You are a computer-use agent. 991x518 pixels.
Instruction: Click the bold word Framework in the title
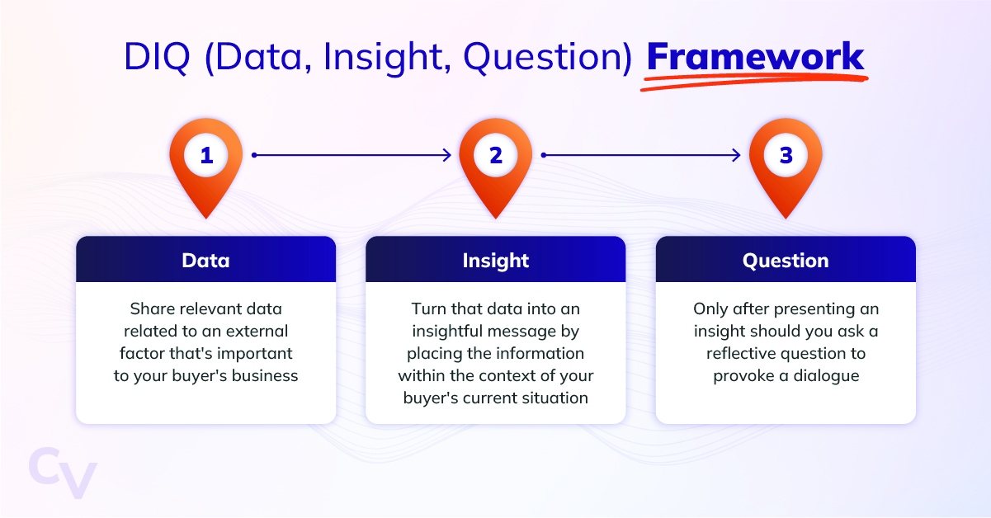pyautogui.click(x=755, y=56)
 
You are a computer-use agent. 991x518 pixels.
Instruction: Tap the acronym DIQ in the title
pyautogui.click(x=157, y=57)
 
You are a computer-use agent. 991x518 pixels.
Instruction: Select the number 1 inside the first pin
pyautogui.click(x=206, y=155)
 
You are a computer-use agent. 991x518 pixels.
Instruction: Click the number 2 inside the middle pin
pyautogui.click(x=496, y=155)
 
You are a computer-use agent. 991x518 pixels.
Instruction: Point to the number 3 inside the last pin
pyautogui.click(x=786, y=155)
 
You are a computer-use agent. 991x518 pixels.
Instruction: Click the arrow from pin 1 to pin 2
pyautogui.click(x=352, y=155)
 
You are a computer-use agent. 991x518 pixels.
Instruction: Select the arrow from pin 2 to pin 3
pyautogui.click(x=641, y=155)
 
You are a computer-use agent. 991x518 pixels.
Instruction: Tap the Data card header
pyautogui.click(x=205, y=259)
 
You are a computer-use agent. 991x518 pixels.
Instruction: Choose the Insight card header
pyautogui.click(x=495, y=259)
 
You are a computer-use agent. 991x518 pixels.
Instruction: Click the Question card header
pyautogui.click(x=786, y=259)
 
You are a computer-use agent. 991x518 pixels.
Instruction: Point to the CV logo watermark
pyautogui.click(x=63, y=473)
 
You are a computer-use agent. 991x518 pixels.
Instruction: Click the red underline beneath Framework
pyautogui.click(x=754, y=82)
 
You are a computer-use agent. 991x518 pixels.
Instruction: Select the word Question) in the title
pyautogui.click(x=548, y=58)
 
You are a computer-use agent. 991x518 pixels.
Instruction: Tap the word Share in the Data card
pyautogui.click(x=149, y=308)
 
